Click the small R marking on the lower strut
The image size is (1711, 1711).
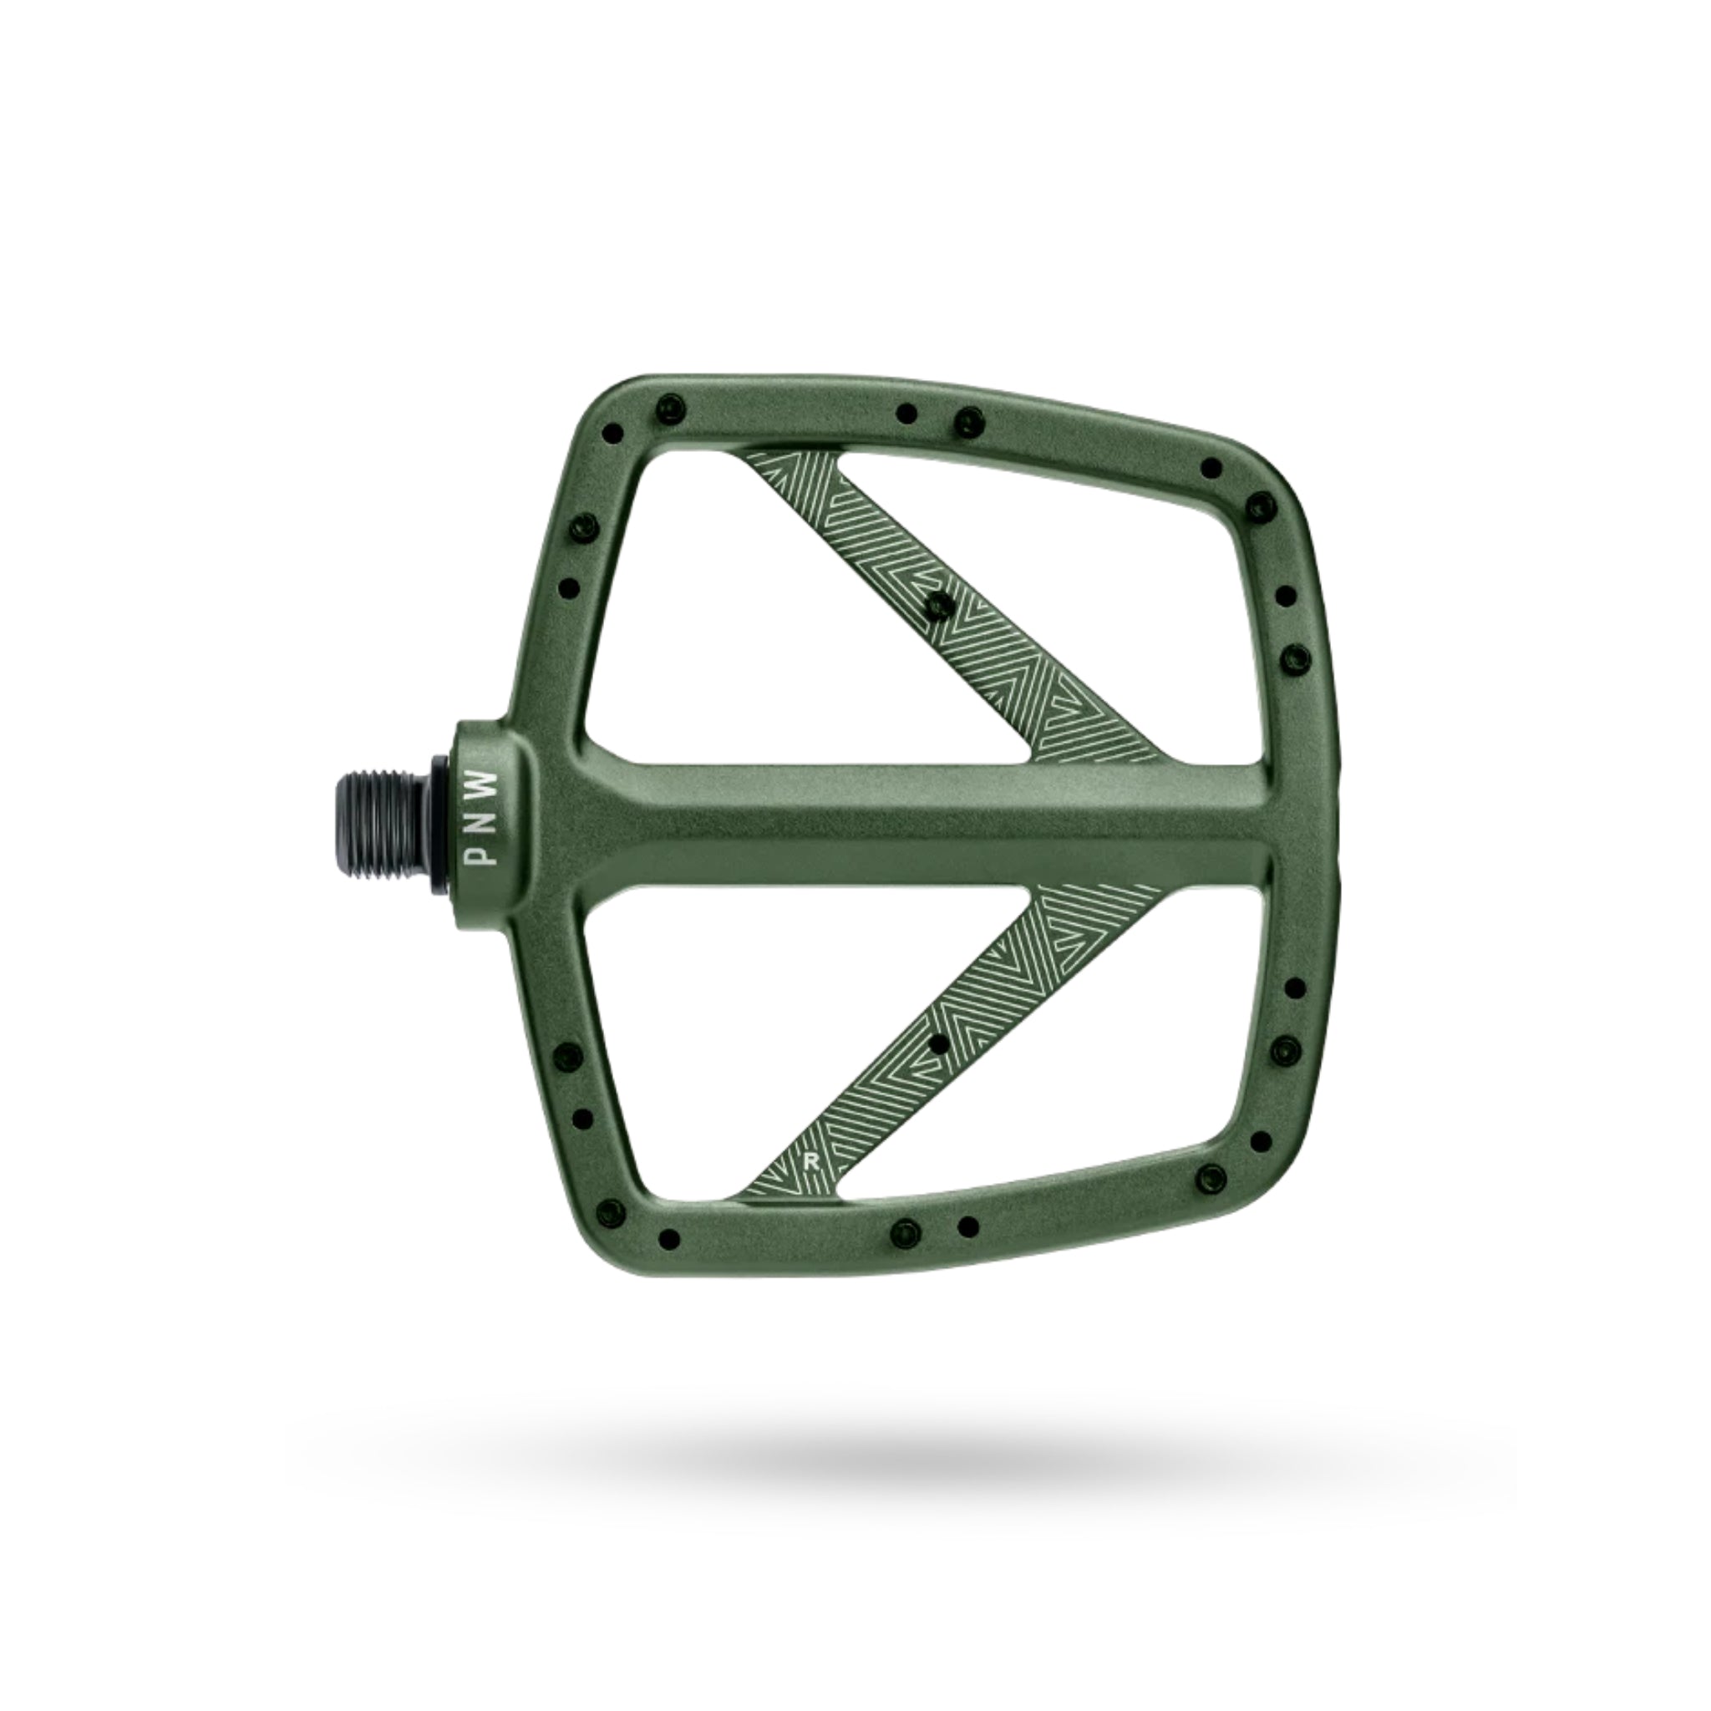point(809,1161)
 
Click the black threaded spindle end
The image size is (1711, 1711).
point(381,820)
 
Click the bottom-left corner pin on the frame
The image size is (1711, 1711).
point(670,1237)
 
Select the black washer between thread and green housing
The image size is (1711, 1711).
point(441,820)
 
